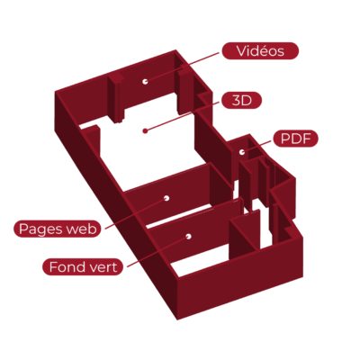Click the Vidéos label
(x=260, y=51)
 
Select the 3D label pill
(x=241, y=101)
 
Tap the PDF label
(x=295, y=139)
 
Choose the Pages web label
(x=58, y=229)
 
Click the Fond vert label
(x=83, y=266)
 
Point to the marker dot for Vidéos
(x=145, y=81)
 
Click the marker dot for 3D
(x=145, y=130)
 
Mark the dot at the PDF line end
(x=242, y=152)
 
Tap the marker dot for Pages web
(x=166, y=198)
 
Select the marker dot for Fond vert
(x=188, y=237)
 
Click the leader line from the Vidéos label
(x=182, y=67)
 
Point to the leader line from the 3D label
(x=183, y=116)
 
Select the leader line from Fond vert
(x=157, y=251)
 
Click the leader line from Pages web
(x=136, y=213)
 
